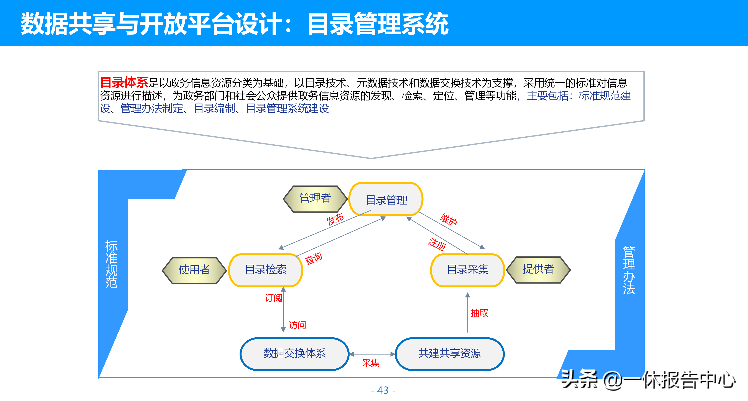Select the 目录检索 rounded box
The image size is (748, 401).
[x=266, y=270]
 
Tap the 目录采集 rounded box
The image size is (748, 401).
[x=467, y=270]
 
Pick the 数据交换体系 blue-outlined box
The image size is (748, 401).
[x=294, y=354]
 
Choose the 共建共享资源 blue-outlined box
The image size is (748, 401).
[x=449, y=354]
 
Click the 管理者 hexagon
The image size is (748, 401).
[x=315, y=199]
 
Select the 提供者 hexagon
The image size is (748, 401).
[x=538, y=269]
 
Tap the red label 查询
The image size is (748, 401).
[x=313, y=258]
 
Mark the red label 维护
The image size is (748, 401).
[x=449, y=219]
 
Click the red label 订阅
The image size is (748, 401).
[x=273, y=298]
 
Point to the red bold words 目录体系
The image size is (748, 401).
[x=124, y=83]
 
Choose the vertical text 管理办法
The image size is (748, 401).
[x=629, y=270]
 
